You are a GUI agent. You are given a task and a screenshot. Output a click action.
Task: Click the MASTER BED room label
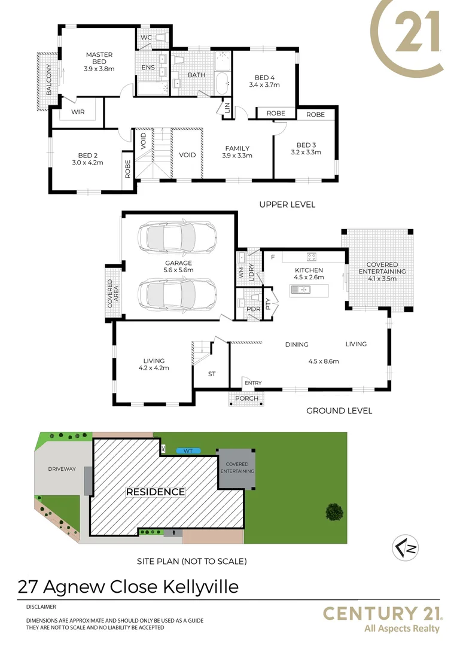[99, 58]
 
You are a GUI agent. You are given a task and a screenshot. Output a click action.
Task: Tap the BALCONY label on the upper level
[49, 81]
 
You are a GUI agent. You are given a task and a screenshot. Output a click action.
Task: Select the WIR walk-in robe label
[77, 112]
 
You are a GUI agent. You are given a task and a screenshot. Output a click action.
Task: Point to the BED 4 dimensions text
[264, 85]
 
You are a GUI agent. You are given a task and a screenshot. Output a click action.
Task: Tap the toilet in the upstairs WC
[160, 38]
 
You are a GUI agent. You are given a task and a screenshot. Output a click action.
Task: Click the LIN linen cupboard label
[227, 108]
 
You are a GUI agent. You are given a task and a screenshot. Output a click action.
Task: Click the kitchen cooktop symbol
[312, 257]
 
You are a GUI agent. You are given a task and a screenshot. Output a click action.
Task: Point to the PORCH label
[247, 398]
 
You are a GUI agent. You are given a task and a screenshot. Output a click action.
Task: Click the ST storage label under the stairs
[211, 374]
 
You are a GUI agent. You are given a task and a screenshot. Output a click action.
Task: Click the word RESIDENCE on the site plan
[156, 492]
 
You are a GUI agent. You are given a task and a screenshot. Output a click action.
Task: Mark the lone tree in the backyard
[334, 511]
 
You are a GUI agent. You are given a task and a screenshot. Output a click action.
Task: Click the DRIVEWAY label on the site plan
[62, 469]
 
